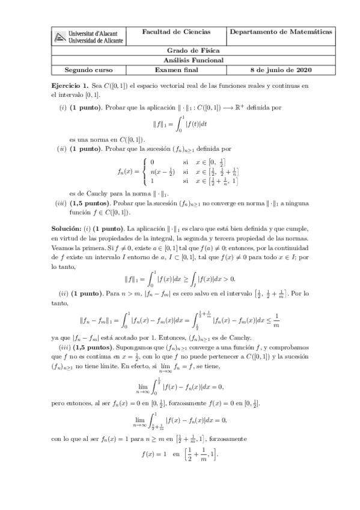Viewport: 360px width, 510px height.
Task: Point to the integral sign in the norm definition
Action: [x=178, y=125]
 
